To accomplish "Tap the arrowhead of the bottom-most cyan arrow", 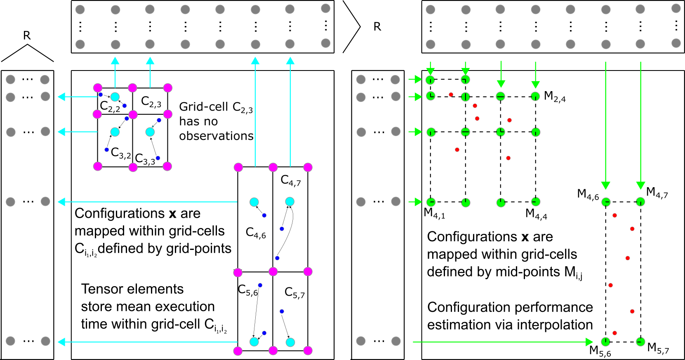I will pyautogui.click(x=61, y=342).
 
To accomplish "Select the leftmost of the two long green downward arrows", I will pyautogui.click(x=605, y=124).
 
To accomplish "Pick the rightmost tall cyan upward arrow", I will pyautogui.click(x=290, y=111).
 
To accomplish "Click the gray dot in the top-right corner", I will pyautogui.click(x=676, y=8).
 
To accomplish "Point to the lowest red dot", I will pyautogui.click(x=614, y=333).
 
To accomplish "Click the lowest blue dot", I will pyautogui.click(x=264, y=333).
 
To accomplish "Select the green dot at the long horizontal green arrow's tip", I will pyautogui.click(x=605, y=341).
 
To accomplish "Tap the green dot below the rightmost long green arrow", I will pyautogui.click(x=640, y=202).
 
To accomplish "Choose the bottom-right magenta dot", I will pyautogui.click(x=308, y=351).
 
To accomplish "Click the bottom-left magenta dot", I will pyautogui.click(x=238, y=351).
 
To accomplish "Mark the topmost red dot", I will pyautogui.click(x=451, y=94).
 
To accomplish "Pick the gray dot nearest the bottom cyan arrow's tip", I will pyautogui.click(x=45, y=341).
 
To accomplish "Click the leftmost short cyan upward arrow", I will pyautogui.click(x=115, y=72).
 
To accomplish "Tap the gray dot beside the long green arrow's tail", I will pyautogui.click(x=396, y=341).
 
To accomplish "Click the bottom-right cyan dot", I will pyautogui.click(x=290, y=342).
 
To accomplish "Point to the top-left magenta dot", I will pyautogui.click(x=98, y=88).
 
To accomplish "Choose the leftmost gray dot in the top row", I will pyautogui.click(x=80, y=9).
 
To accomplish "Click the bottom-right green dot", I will pyautogui.click(x=640, y=341).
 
